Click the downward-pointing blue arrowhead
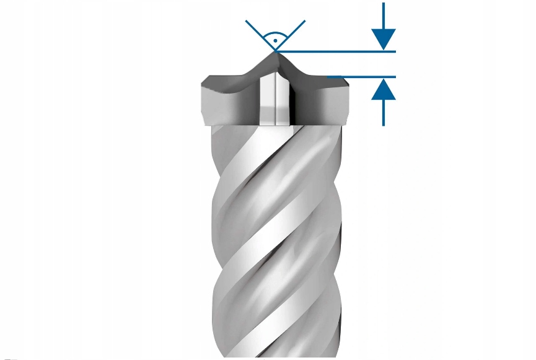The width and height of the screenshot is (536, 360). coord(385,39)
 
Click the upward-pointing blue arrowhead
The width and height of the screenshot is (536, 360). coord(385,89)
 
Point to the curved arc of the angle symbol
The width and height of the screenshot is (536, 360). coord(275,33)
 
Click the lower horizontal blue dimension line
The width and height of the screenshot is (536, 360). coord(362,77)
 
